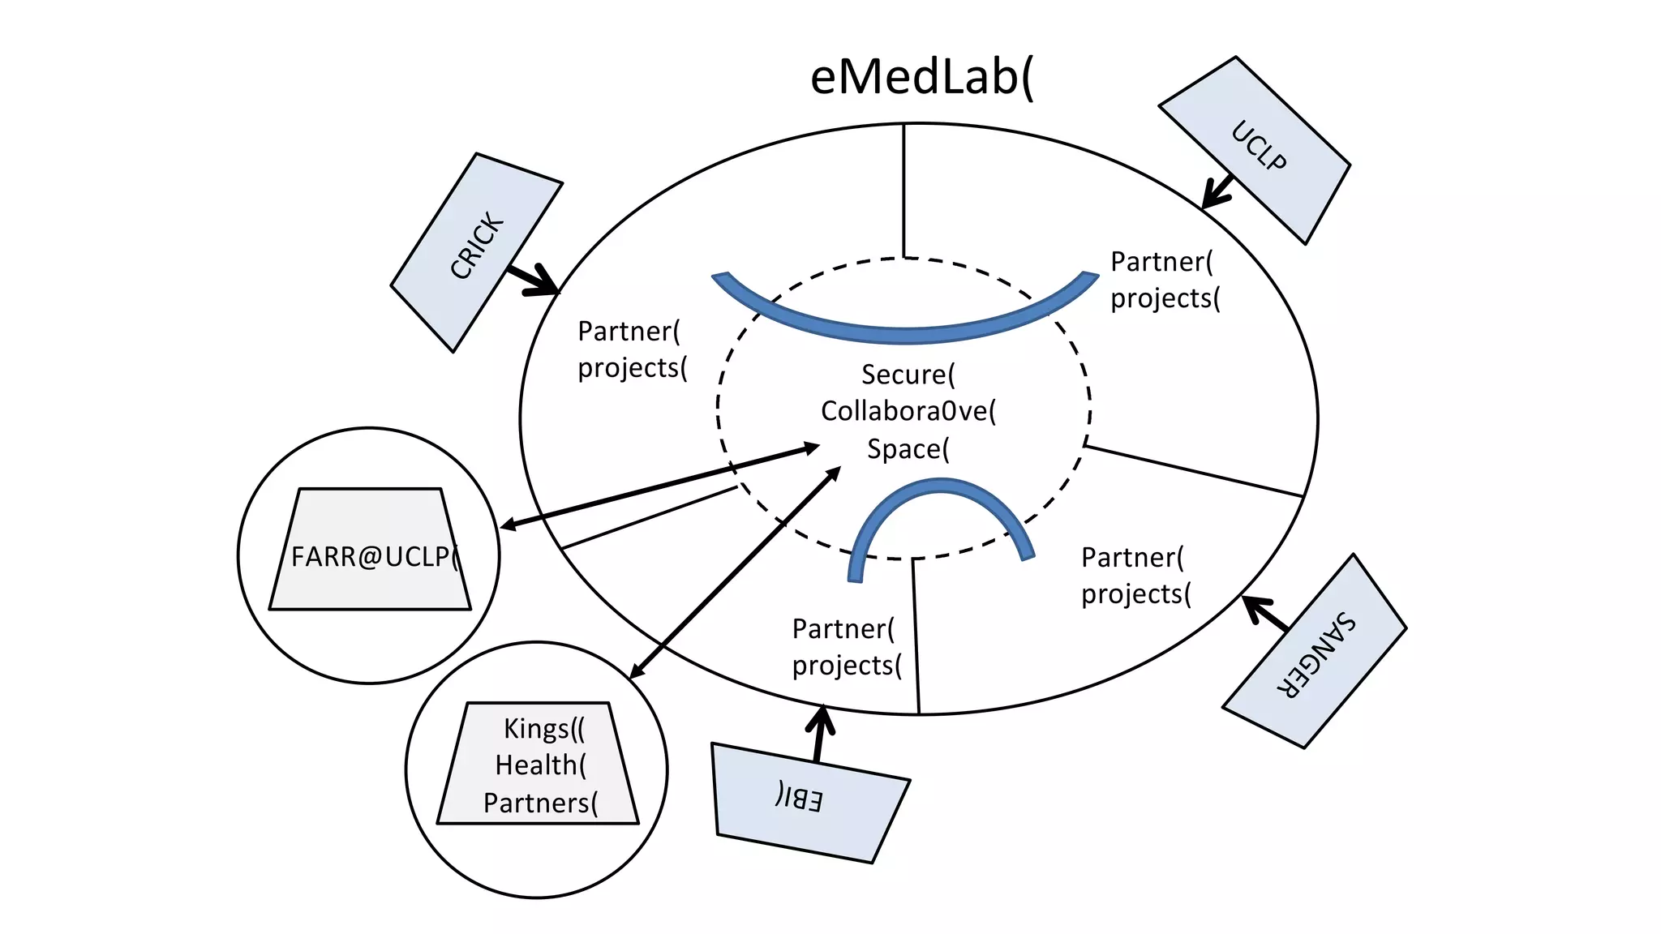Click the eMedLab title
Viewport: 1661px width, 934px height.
[x=921, y=78]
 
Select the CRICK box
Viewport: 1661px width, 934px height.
[x=477, y=251]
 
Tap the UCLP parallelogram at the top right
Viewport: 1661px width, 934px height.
[x=1255, y=149]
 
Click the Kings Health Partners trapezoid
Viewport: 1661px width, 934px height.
[x=539, y=765]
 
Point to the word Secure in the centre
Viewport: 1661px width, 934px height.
[x=908, y=375]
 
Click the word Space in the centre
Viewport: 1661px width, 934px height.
[x=908, y=448]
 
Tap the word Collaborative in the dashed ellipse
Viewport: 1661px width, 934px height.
[x=908, y=411]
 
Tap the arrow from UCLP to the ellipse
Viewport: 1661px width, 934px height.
[x=1217, y=193]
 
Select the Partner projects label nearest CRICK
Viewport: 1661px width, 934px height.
[x=632, y=349]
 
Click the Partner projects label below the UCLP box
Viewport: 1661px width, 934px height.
[x=1165, y=280]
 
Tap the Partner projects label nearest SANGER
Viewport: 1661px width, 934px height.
[x=1135, y=576]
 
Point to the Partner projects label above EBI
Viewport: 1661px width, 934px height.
[x=846, y=647]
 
